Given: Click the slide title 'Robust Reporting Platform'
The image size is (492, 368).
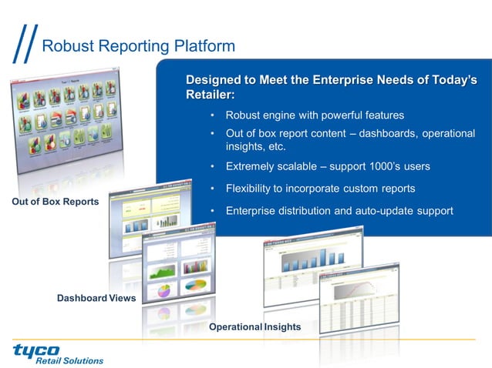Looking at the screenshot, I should click(x=138, y=46).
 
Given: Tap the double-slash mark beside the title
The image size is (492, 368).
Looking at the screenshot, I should click(x=25, y=46).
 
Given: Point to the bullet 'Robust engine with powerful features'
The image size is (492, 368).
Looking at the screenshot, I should click(x=315, y=115).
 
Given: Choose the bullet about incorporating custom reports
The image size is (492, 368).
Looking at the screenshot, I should click(x=320, y=189).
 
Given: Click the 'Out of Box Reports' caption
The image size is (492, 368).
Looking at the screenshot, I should click(x=56, y=202).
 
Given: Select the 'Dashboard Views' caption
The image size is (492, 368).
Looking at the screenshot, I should click(x=96, y=298).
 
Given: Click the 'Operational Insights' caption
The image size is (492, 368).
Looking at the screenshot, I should click(x=254, y=327).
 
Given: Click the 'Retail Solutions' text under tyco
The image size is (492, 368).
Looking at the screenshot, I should click(x=69, y=360).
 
